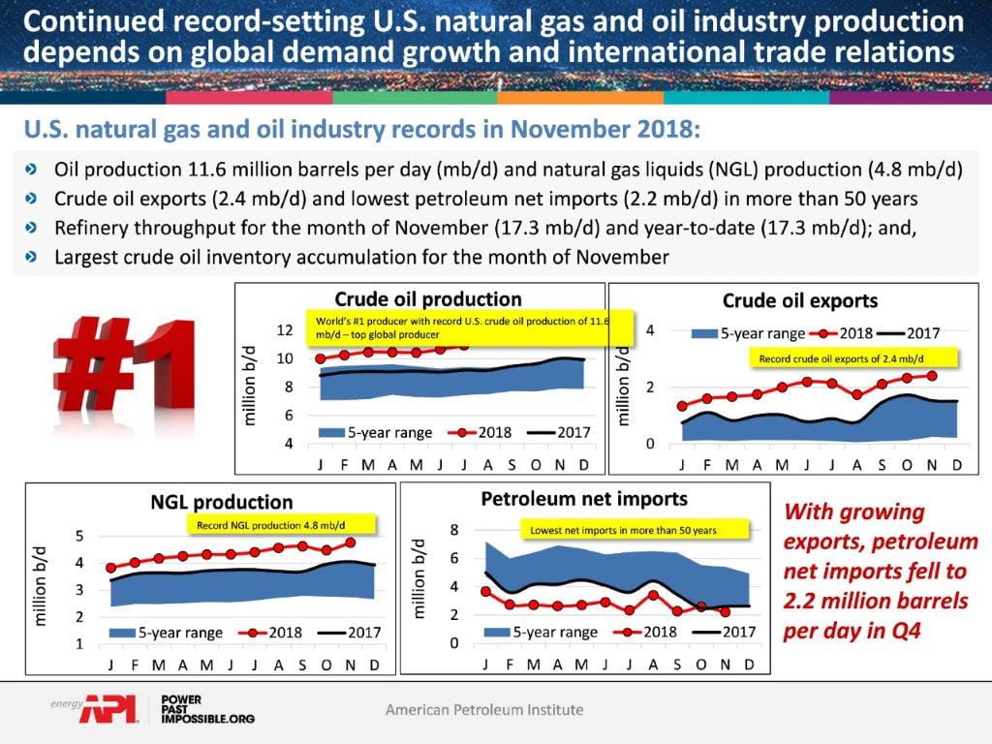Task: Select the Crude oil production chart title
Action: [427, 299]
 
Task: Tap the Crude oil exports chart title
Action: [800, 301]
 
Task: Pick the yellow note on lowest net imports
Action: [623, 530]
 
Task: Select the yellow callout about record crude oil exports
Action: [856, 357]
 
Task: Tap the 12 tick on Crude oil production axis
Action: [284, 330]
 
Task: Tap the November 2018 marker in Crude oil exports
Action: [932, 376]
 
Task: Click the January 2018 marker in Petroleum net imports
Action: [486, 591]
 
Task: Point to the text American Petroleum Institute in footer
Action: [484, 710]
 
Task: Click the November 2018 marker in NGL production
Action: [350, 543]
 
